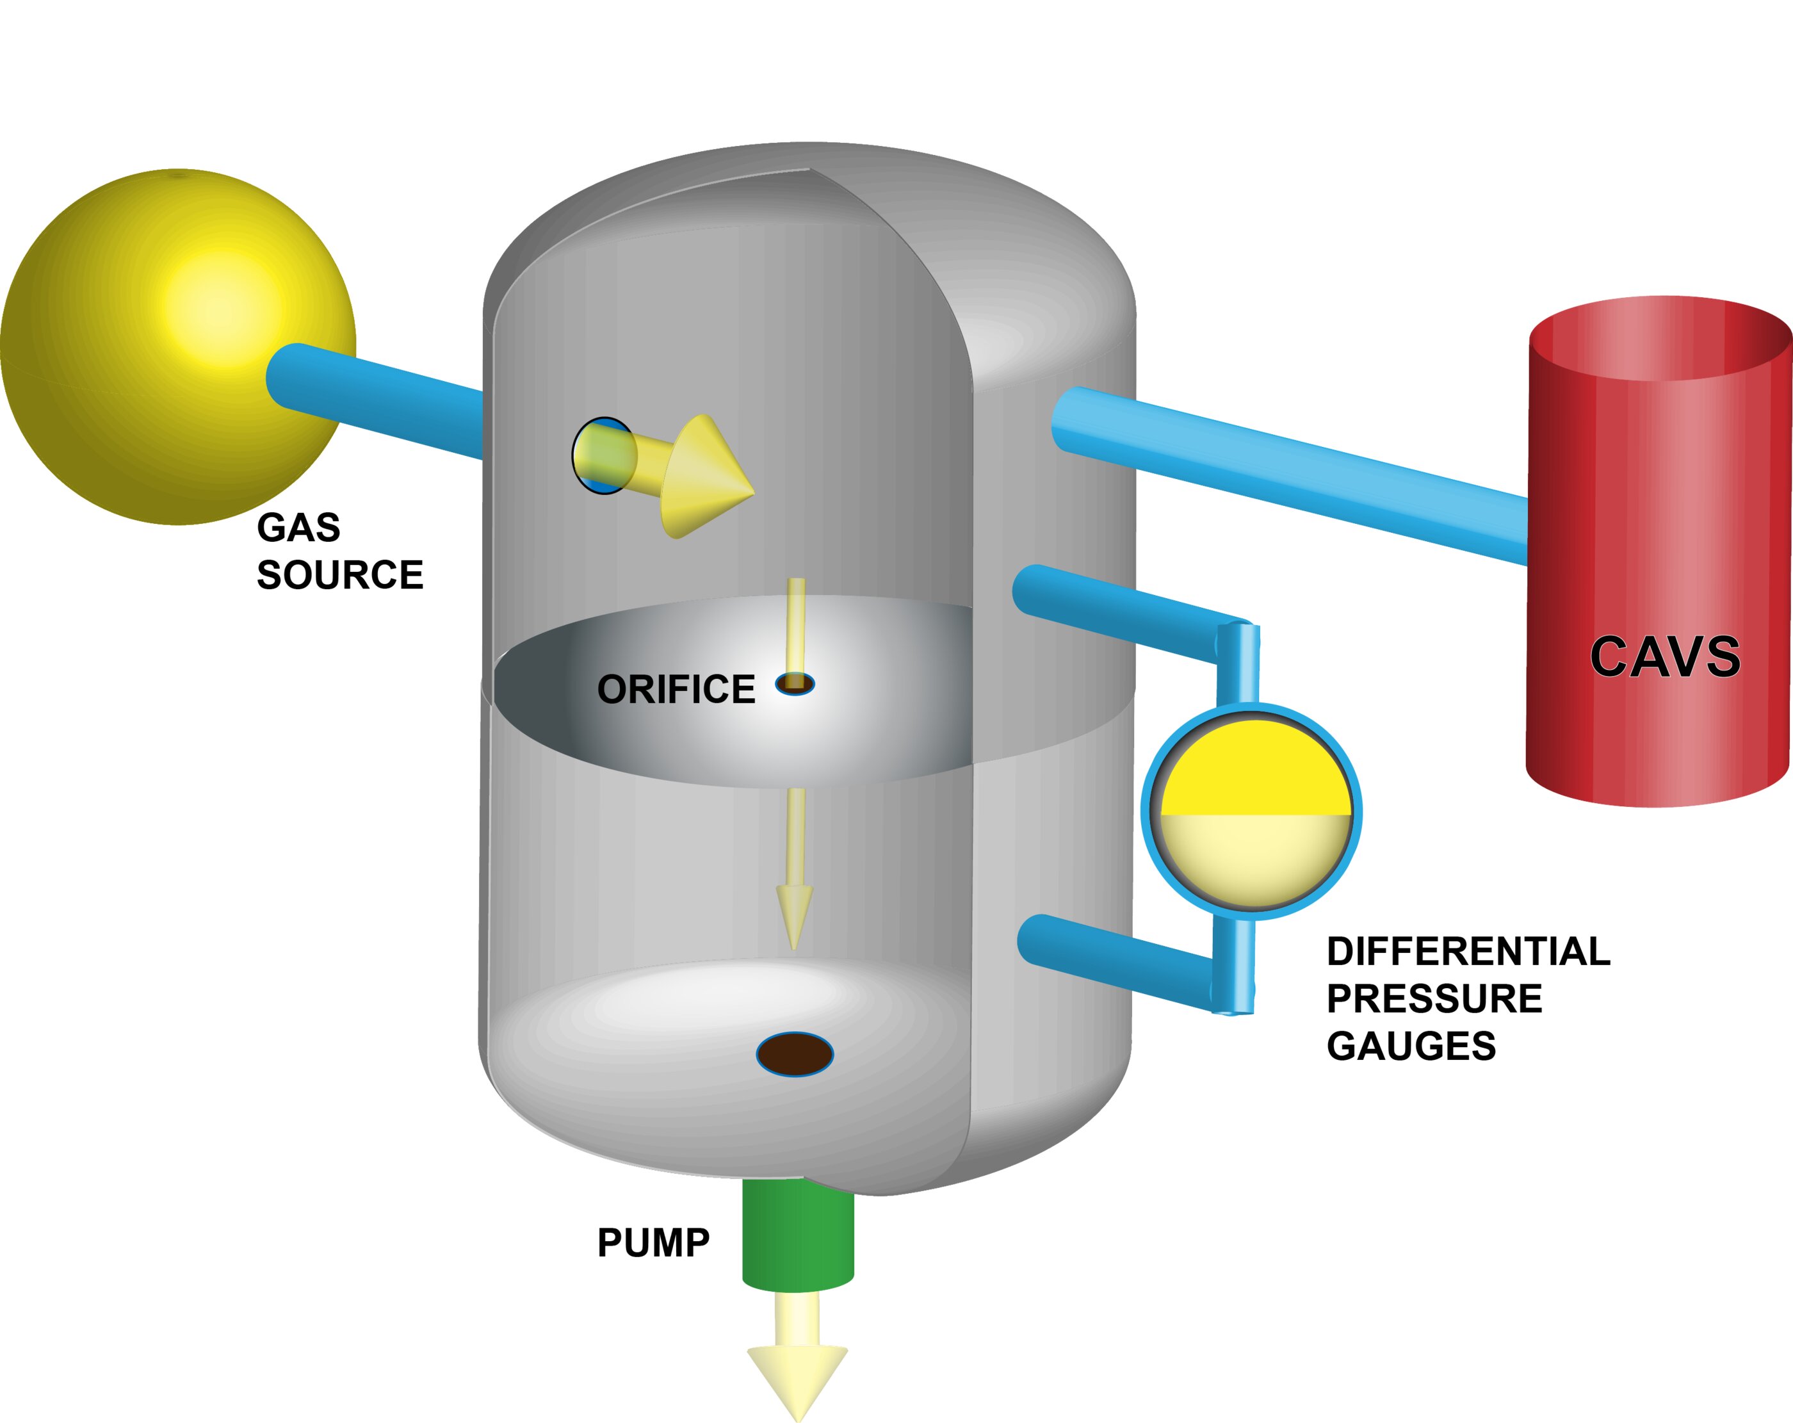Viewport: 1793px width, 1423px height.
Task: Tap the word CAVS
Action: [1665, 657]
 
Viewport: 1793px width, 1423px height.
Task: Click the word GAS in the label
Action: [298, 527]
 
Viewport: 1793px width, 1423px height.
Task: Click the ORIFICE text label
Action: [676, 690]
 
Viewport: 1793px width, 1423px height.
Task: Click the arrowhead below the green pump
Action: [797, 1376]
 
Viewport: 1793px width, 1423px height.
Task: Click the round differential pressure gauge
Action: [1252, 811]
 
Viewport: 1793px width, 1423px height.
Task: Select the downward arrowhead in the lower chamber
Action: [794, 915]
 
